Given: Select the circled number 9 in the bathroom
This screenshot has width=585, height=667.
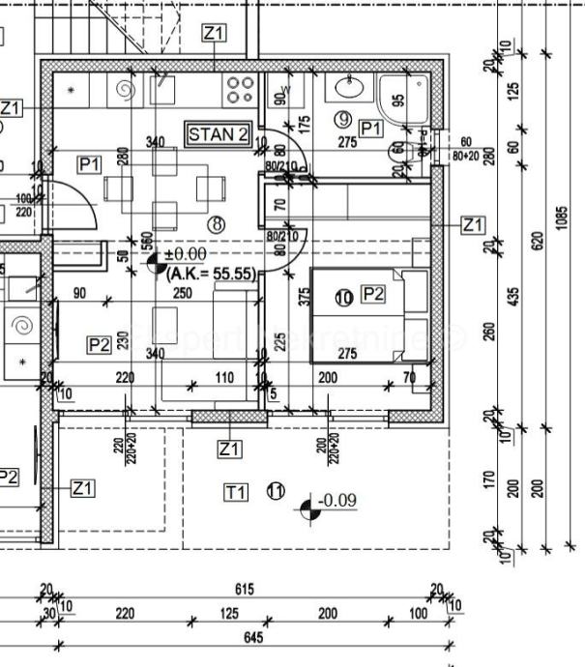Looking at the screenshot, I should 341,120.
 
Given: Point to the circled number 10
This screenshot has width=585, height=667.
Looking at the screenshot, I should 344,298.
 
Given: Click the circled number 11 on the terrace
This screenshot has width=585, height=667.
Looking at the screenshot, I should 276,492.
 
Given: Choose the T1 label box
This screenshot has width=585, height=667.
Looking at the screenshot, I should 236,493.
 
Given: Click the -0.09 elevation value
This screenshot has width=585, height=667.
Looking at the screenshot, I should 337,500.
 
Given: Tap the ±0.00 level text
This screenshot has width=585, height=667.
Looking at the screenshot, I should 185,254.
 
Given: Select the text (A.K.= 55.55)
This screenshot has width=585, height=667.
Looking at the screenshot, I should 211,275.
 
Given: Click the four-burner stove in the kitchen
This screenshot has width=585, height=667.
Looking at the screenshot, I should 240,90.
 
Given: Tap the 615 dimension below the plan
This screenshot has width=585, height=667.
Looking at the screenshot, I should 244,589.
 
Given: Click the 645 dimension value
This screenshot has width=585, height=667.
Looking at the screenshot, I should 253,637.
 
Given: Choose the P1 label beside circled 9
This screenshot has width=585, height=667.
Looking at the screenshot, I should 370,128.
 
